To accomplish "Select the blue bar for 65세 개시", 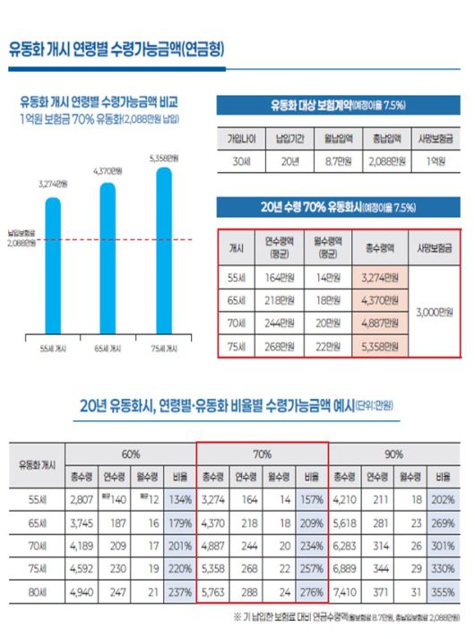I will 108,260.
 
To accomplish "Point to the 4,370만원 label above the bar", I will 108,170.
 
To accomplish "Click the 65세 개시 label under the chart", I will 108,347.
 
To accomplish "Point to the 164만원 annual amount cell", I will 280,276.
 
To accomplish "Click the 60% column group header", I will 132,454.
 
